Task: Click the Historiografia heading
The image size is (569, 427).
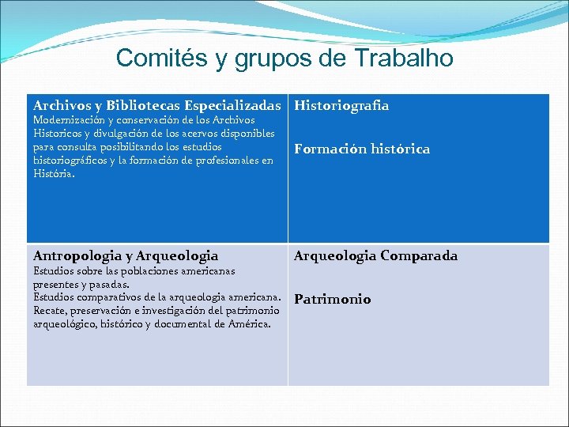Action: [x=341, y=105]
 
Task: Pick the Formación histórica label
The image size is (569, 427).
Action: [x=362, y=149]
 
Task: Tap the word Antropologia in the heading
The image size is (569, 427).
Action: [x=76, y=255]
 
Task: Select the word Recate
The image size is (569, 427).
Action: [x=49, y=310]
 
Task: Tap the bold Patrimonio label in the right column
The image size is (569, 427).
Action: [x=332, y=299]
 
